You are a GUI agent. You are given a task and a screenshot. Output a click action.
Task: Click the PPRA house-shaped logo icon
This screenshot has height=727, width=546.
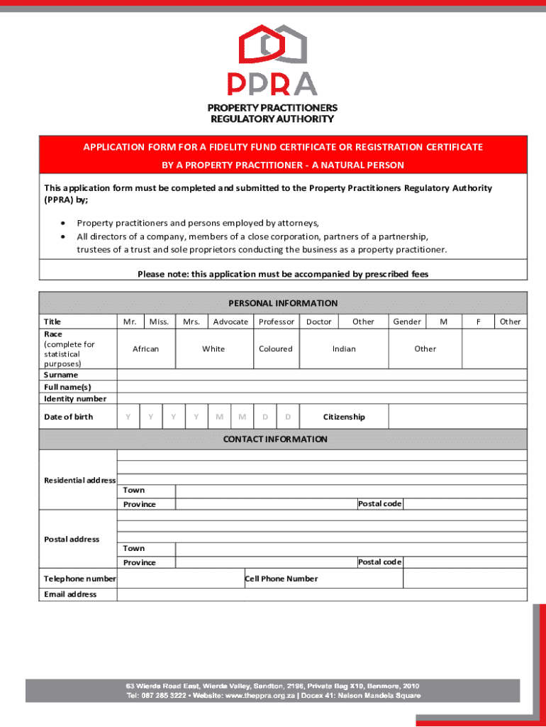pyautogui.click(x=272, y=44)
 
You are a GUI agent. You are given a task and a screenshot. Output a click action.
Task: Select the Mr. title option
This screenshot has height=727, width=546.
pyautogui.click(x=130, y=322)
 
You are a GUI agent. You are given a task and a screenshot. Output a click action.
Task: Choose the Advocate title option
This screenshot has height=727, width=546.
pyautogui.click(x=230, y=322)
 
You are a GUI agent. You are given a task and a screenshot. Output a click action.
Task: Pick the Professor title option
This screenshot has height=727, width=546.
pyautogui.click(x=276, y=322)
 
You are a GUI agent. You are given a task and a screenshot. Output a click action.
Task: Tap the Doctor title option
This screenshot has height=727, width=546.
pyautogui.click(x=318, y=322)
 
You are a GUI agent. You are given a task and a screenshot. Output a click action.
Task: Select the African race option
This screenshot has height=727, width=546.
pyautogui.click(x=145, y=349)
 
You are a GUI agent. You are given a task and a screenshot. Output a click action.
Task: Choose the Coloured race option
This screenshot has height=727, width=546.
pyautogui.click(x=276, y=349)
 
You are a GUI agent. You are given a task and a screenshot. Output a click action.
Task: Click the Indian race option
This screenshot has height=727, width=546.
pyautogui.click(x=344, y=349)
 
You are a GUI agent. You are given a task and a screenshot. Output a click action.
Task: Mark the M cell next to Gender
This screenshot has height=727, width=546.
pyautogui.click(x=444, y=322)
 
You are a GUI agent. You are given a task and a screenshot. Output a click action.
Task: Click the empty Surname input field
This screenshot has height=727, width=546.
pyautogui.click(x=322, y=375)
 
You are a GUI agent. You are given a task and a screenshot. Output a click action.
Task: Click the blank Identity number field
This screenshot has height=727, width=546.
pyautogui.click(x=322, y=398)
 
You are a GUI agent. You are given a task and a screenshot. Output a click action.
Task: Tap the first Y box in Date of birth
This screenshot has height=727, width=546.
pyautogui.click(x=128, y=417)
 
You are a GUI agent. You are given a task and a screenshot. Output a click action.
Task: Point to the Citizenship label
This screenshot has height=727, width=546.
pyautogui.click(x=344, y=417)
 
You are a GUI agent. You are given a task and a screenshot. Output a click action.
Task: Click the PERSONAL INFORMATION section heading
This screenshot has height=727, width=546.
pyautogui.click(x=283, y=303)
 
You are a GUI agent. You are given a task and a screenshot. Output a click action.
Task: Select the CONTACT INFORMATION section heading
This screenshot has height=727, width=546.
pyautogui.click(x=275, y=439)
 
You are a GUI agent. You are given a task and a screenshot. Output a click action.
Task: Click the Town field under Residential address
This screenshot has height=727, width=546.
pyautogui.click(x=350, y=491)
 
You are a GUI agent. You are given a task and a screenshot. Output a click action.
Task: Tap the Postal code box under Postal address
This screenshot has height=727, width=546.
pyautogui.click(x=464, y=562)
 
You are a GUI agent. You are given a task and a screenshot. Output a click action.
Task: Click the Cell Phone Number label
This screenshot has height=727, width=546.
pyautogui.click(x=282, y=579)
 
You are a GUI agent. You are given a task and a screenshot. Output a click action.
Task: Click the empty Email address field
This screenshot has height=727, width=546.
pyautogui.click(x=322, y=594)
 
